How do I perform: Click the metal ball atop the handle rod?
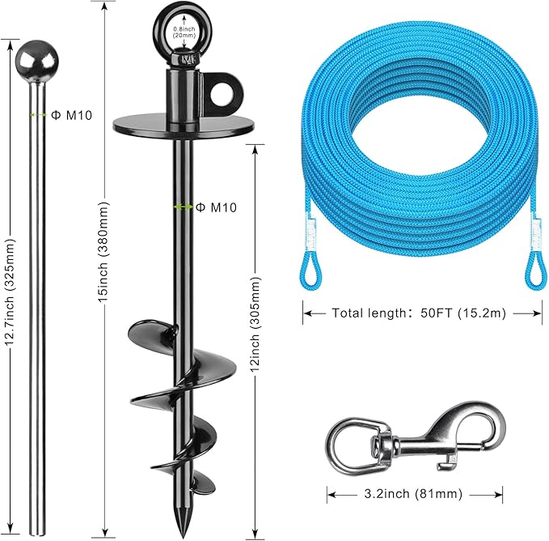[36, 62]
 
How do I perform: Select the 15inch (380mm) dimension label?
[103, 252]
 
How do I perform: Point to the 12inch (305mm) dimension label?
[255, 325]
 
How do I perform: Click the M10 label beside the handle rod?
[72, 115]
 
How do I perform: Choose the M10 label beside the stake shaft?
[216, 207]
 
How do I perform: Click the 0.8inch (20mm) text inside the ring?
[184, 32]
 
